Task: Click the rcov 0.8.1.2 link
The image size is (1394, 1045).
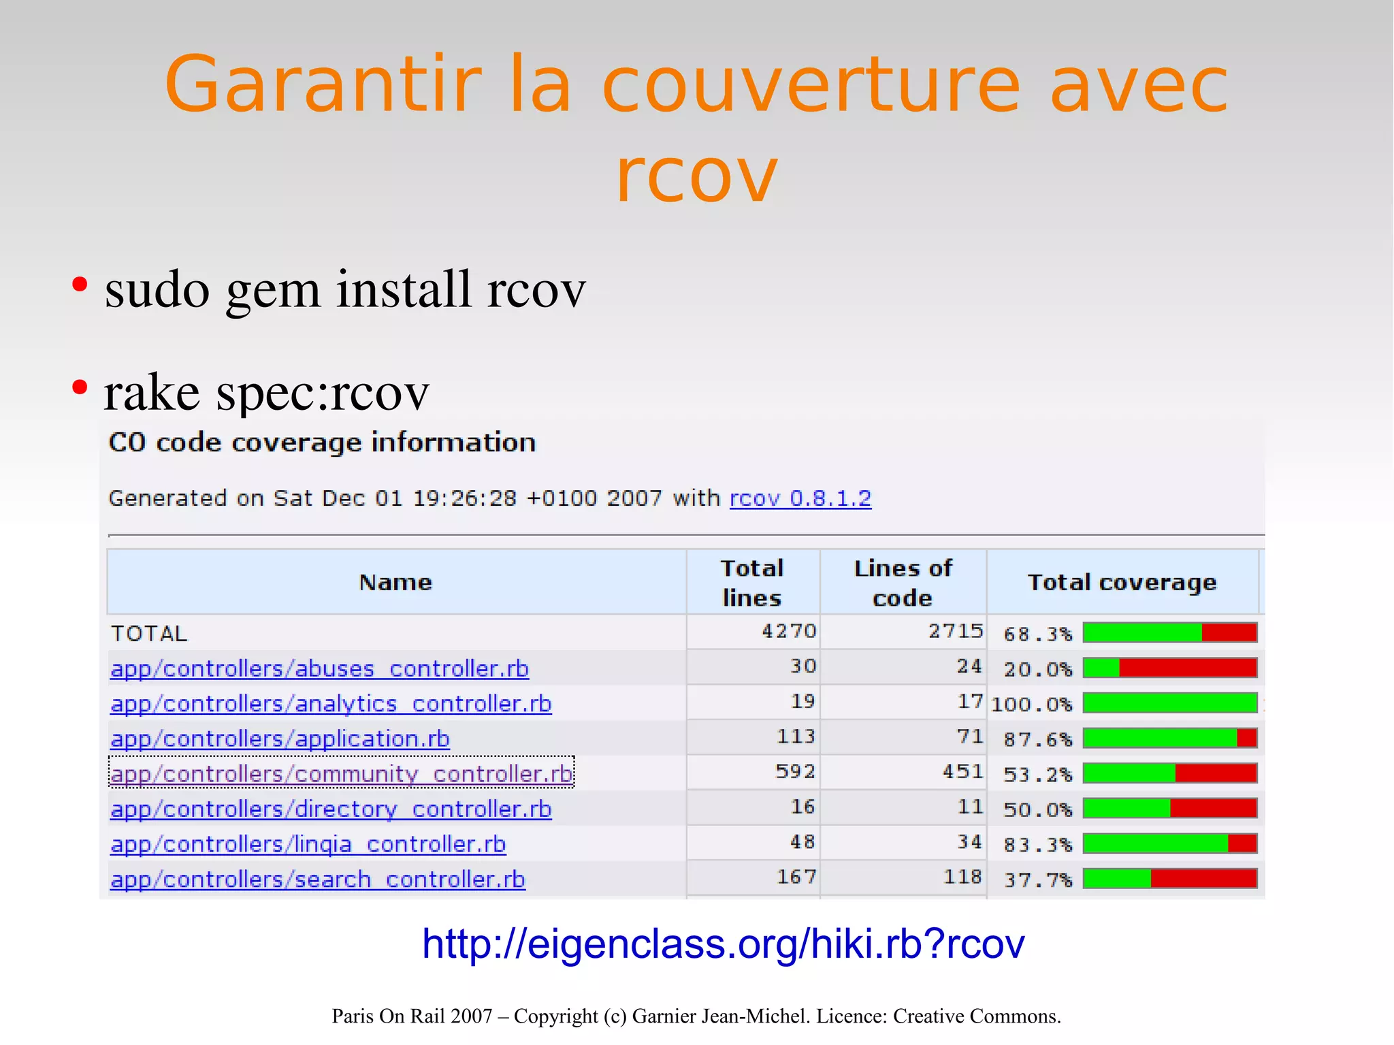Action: [800, 498]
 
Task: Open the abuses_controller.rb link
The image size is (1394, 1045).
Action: [319, 669]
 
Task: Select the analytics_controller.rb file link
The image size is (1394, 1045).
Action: [331, 704]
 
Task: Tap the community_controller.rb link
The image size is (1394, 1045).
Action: [341, 774]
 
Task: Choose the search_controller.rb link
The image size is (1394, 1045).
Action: [318, 880]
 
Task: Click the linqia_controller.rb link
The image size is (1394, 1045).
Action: [308, 844]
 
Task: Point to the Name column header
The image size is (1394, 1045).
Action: [395, 583]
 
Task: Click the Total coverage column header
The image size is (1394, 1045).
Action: [1122, 583]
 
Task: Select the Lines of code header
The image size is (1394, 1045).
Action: [903, 583]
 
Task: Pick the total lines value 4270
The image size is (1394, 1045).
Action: [789, 632]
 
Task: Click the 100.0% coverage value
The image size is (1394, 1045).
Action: [1031, 704]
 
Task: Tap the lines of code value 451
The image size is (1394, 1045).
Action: [962, 772]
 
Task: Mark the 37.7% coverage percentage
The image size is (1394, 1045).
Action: [1038, 880]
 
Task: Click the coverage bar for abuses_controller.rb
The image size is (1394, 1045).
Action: [1169, 668]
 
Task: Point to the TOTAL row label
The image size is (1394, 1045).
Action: [149, 634]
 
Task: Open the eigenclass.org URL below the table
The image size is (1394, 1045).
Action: [723, 944]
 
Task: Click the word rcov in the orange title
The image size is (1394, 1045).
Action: [696, 176]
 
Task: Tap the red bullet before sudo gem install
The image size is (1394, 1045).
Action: [80, 285]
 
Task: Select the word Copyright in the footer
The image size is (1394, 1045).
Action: [555, 1016]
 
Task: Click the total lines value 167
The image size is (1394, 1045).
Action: [796, 878]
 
